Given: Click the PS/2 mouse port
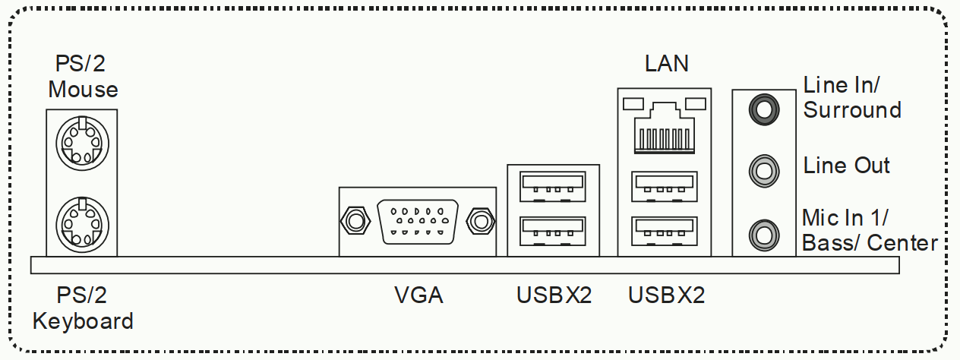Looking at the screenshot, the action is click(82, 143).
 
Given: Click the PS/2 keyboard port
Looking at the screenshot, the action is click(82, 225).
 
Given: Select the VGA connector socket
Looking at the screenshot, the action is click(418, 222).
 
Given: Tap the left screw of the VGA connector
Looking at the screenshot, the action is click(355, 221).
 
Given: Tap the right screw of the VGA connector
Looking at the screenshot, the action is click(481, 221).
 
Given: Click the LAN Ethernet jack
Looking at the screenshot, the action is click(665, 128).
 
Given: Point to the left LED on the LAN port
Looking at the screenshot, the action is click(633, 104).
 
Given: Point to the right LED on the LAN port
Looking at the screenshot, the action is click(695, 104).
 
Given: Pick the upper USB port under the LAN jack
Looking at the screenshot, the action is click(665, 186).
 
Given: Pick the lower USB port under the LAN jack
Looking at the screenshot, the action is click(665, 232).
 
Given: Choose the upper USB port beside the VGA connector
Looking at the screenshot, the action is click(553, 186).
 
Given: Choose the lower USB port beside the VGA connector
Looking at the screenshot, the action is click(553, 232).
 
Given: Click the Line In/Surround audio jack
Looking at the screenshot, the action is click(764, 109).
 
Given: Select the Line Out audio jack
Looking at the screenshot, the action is click(764, 171).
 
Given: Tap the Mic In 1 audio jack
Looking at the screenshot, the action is click(764, 235).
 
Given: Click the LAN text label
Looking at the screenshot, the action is click(666, 64).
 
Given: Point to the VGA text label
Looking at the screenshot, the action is click(418, 295).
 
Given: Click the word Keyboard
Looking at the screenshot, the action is click(83, 321).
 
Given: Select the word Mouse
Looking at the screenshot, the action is click(83, 90).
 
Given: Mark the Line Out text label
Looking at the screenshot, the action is click(846, 166).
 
